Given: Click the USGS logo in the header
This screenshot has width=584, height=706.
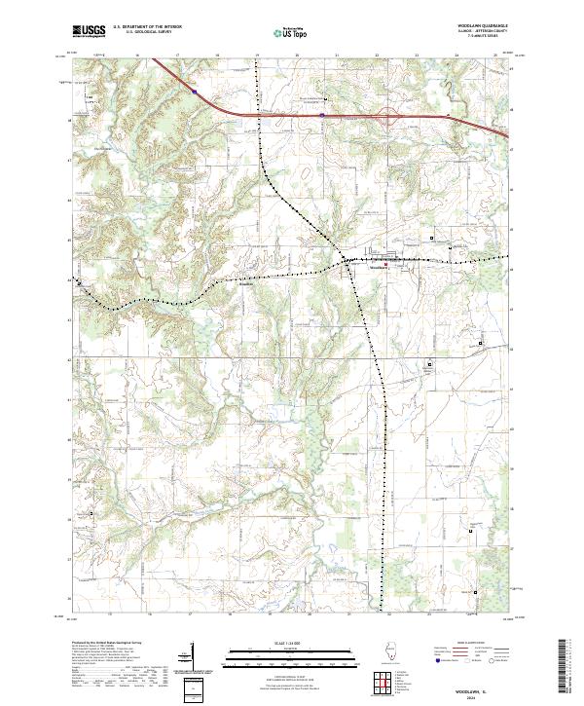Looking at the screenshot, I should (x=89, y=31).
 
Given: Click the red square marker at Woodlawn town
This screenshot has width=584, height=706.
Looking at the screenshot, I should (x=384, y=264).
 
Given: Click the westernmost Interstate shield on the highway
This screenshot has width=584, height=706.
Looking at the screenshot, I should (x=195, y=93).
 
